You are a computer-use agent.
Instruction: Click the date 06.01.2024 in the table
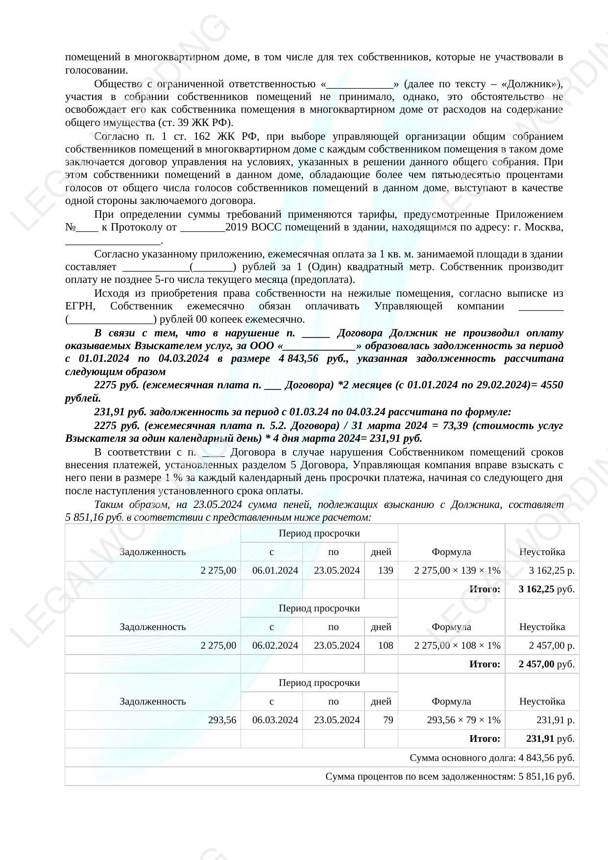coord(275,570)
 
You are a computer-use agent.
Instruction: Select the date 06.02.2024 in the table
coord(275,645)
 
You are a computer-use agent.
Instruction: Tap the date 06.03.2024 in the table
coord(275,720)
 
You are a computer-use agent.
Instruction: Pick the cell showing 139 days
coord(386,570)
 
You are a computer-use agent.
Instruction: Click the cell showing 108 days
coord(386,645)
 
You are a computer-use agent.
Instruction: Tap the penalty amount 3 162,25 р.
coord(552,570)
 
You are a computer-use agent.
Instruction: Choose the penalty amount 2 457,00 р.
coord(552,645)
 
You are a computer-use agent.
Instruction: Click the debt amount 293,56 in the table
coord(222,720)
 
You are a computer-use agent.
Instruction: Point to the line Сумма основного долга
coord(491,758)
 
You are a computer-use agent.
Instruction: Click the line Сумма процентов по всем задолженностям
coord(449,776)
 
